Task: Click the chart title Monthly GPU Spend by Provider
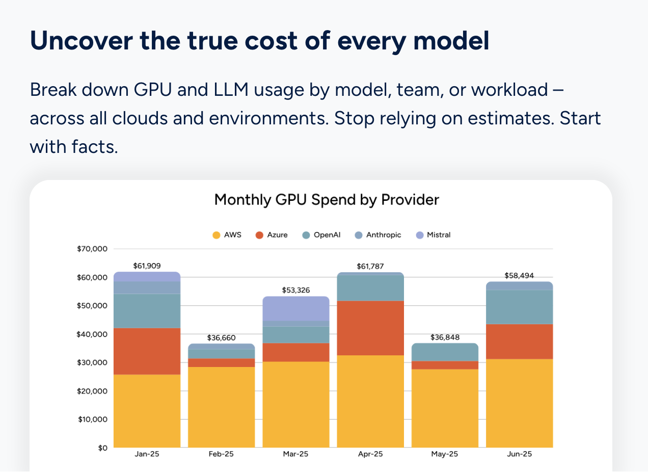click(x=326, y=199)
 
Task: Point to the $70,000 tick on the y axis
click(x=92, y=249)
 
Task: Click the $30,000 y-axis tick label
click(x=92, y=363)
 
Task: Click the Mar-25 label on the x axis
click(x=295, y=454)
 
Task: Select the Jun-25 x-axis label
click(x=519, y=454)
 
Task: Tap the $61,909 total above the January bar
click(x=147, y=266)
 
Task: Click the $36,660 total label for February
click(x=221, y=338)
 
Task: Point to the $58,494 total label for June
click(x=519, y=275)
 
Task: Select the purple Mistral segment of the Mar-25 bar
click(x=295, y=308)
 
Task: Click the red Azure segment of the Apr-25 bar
click(x=370, y=328)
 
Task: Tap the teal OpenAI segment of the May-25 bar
click(x=445, y=352)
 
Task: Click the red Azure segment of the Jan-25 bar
click(x=147, y=351)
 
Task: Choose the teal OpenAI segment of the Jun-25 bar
click(x=519, y=307)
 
